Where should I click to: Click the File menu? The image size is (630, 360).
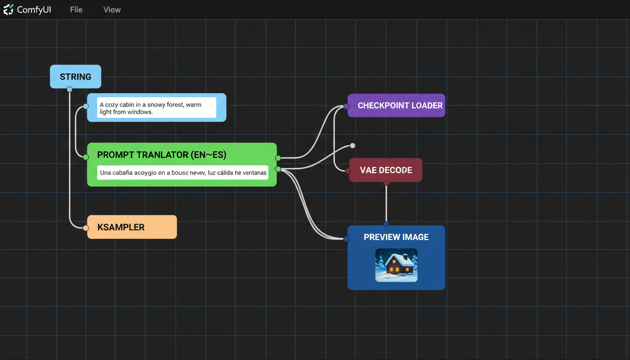[76, 10]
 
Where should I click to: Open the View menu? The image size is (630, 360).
[112, 10]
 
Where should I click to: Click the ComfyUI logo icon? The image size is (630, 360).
[8, 10]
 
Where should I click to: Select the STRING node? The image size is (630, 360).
[75, 77]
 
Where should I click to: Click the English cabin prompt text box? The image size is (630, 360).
[157, 108]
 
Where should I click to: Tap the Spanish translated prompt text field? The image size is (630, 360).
[183, 173]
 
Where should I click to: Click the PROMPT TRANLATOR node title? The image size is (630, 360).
[162, 155]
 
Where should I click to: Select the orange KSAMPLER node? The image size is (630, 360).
[132, 227]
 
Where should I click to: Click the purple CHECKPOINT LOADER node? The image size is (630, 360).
[400, 105]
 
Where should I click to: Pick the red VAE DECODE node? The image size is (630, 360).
[386, 170]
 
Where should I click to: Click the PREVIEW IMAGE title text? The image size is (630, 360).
[396, 237]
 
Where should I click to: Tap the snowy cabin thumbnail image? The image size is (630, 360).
[396, 265]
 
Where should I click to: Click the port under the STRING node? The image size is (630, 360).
[69, 90]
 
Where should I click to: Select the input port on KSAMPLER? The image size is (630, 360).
[86, 228]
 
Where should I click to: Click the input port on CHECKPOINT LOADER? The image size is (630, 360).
[346, 106]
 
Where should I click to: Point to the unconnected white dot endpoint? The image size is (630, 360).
[352, 146]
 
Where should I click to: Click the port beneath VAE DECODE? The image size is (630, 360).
[386, 183]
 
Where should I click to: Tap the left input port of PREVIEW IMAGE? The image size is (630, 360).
[346, 239]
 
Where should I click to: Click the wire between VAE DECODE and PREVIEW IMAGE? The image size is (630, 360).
[386, 204]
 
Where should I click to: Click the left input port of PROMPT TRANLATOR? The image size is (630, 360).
[86, 157]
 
